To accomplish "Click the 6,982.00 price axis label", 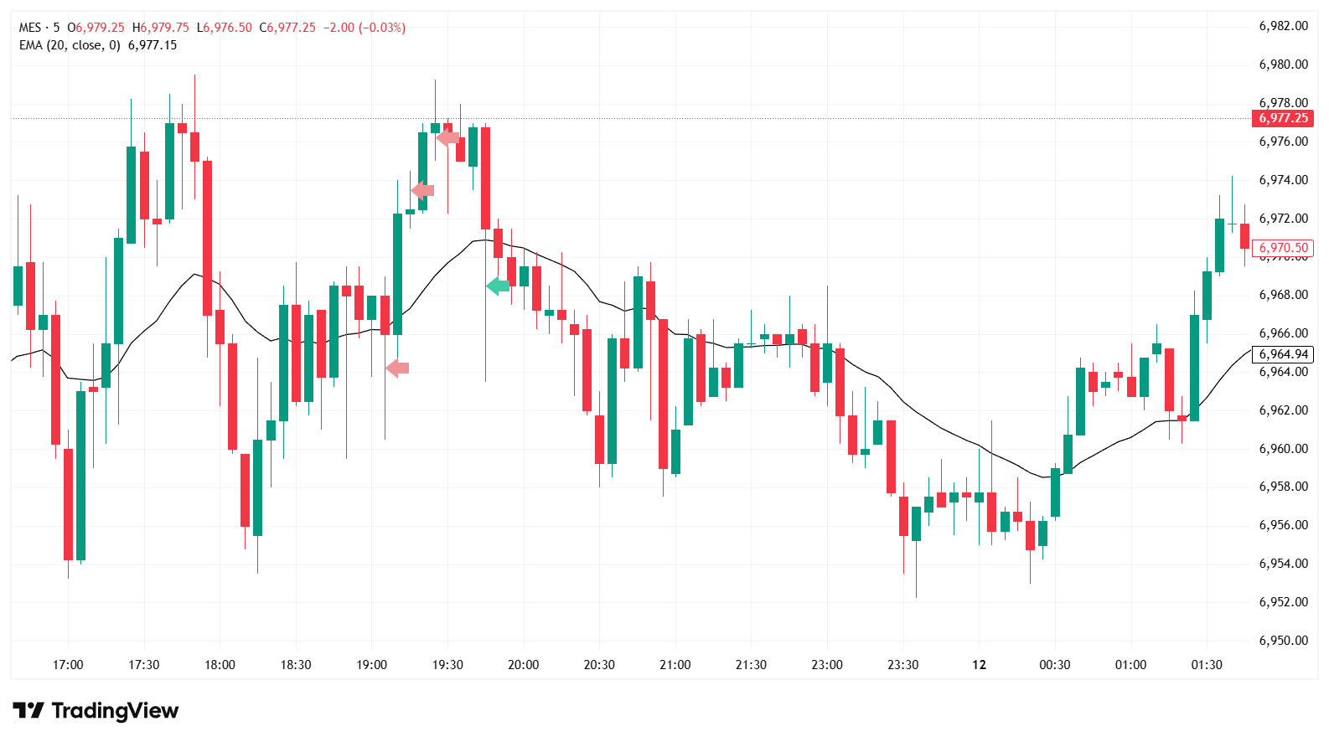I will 1283,26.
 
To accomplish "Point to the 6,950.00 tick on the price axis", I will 1283,641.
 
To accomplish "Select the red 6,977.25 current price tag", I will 1283,118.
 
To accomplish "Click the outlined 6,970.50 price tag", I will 1283,248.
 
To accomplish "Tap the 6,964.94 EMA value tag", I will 1283,354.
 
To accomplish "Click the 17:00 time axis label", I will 68,665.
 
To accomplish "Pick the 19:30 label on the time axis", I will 447,665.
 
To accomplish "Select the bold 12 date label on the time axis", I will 979,665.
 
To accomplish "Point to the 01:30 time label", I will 1207,665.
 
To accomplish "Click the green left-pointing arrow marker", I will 498,286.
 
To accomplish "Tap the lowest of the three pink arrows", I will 397,368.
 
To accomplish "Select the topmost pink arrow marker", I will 447,137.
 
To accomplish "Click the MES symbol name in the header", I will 30,28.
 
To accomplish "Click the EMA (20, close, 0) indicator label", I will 70,45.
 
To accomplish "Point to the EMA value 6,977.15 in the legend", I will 153,45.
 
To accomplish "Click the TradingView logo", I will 96,711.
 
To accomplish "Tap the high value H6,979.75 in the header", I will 161,28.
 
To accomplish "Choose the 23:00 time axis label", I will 827,665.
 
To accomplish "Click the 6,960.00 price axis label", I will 1283,449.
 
